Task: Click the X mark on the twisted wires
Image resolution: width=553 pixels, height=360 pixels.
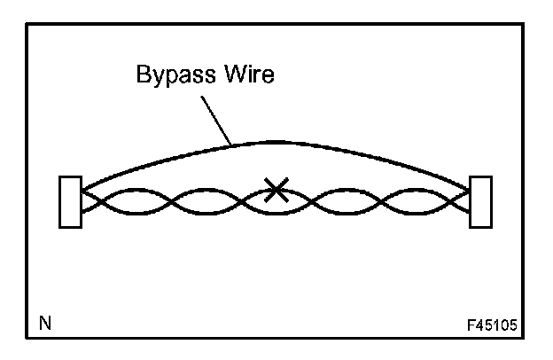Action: pos(276,189)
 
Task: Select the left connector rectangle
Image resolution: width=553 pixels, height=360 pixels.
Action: pos(70,203)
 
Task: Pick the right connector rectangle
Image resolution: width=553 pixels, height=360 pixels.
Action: pos(480,203)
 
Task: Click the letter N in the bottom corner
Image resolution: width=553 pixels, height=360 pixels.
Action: pos(43,324)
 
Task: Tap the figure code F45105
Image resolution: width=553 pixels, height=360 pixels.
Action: pos(490,325)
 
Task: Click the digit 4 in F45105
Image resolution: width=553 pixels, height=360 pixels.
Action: pos(479,325)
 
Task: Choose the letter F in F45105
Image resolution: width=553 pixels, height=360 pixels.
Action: pos(470,325)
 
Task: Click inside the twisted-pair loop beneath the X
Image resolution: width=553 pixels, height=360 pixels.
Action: pos(276,206)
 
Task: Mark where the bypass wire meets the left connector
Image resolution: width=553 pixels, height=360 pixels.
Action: pos(82,190)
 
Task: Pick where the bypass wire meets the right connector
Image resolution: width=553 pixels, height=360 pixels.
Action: pos(469,190)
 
